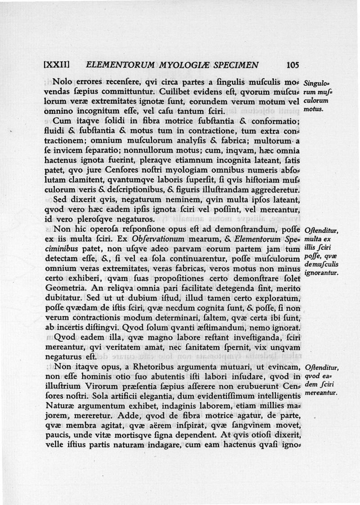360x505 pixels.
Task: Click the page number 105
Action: pos(292,65)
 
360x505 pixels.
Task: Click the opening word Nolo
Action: pos(62,82)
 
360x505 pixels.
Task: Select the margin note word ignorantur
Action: pos(321,272)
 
